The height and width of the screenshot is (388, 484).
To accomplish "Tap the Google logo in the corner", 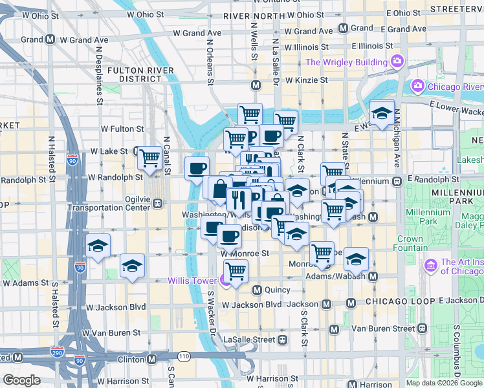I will coord(21,380).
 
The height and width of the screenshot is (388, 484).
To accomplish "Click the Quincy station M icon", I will coord(257,290).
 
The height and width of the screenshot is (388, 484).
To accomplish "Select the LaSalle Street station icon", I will coord(282,339).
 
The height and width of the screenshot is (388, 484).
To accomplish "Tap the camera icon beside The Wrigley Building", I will coord(397,62).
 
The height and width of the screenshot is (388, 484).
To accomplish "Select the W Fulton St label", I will coord(121,129).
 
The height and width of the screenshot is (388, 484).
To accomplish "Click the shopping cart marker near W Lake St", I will coord(149,157).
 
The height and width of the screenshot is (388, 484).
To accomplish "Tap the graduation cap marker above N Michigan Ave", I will coord(382,113).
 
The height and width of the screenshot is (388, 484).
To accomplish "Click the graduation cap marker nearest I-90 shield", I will coord(98,246).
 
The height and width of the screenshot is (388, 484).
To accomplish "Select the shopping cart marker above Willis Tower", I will coord(235,270).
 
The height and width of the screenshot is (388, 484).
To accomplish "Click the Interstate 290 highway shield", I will coord(58,352).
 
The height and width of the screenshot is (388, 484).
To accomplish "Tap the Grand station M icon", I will coord(343,28).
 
